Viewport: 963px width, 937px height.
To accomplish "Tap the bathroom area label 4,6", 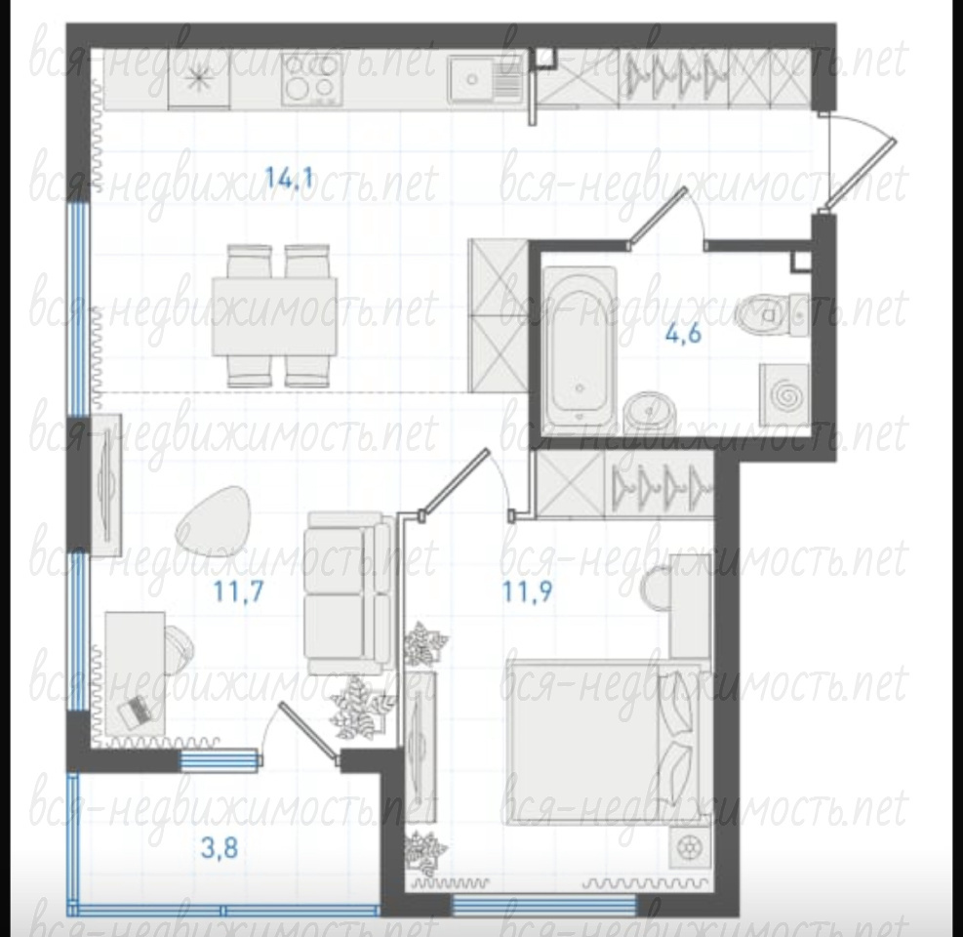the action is pyautogui.click(x=684, y=336).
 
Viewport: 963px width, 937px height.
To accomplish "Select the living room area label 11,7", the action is pyautogui.click(x=239, y=591).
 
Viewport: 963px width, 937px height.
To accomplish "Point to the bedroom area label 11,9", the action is pyautogui.click(x=528, y=591).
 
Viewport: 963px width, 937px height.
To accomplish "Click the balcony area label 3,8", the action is pyautogui.click(x=220, y=848).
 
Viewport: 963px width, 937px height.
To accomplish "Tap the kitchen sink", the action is pyautogui.click(x=485, y=79).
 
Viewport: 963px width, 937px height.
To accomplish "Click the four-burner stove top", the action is pyautogui.click(x=312, y=79).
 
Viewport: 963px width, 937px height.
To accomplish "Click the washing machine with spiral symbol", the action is pyautogui.click(x=784, y=395).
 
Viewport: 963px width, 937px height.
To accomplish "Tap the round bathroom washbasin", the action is pyautogui.click(x=651, y=412).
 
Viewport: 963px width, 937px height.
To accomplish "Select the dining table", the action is pyautogui.click(x=275, y=316).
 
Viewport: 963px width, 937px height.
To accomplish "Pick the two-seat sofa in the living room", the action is pyautogui.click(x=349, y=592).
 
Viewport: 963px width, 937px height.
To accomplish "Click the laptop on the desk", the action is pyautogui.click(x=135, y=713).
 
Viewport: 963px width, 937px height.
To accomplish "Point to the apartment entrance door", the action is pyautogui.click(x=860, y=175).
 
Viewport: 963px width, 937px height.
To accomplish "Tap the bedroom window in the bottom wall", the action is pyautogui.click(x=544, y=904).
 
